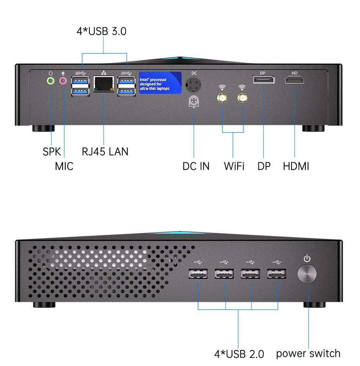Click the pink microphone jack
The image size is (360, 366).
click(x=63, y=80)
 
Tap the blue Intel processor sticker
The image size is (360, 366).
click(x=160, y=83)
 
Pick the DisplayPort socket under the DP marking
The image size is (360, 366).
click(x=263, y=80)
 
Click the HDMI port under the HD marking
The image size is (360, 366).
click(x=295, y=80)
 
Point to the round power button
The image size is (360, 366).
click(x=307, y=274)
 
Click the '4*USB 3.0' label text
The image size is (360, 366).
click(x=102, y=31)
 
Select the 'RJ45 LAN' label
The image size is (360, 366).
click(x=105, y=152)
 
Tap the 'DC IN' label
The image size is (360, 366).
click(x=196, y=166)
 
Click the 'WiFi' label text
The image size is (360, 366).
click(x=234, y=166)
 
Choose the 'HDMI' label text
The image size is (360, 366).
click(x=296, y=166)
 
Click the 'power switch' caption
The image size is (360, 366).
click(x=308, y=353)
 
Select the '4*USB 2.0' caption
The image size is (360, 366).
click(x=239, y=354)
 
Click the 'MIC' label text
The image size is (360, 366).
click(x=64, y=166)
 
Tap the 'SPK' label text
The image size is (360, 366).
click(x=52, y=152)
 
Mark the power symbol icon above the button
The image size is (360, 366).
click(x=307, y=259)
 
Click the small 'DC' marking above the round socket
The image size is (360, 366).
click(x=194, y=73)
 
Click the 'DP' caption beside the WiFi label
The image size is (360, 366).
click(x=264, y=166)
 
